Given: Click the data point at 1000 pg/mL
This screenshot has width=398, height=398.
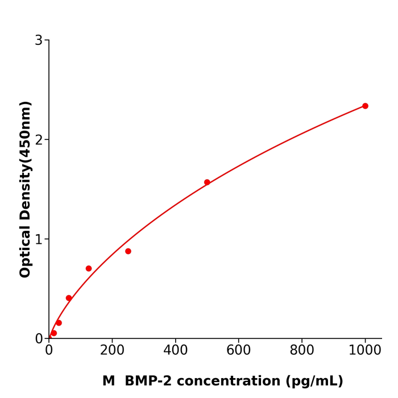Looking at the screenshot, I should tap(365, 106).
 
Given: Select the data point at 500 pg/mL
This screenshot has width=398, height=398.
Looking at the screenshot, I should tap(207, 183).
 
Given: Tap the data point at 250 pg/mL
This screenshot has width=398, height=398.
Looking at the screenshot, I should tap(128, 251).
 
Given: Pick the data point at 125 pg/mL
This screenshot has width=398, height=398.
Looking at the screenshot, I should tap(89, 268).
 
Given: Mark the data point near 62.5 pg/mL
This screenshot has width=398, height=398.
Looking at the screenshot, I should tap(69, 298).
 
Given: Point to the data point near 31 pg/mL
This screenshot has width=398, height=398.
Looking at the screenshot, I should tap(59, 323).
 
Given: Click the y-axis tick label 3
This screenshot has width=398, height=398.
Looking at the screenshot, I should tap(39, 40).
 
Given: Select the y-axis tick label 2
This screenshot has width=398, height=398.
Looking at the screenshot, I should tap(39, 140).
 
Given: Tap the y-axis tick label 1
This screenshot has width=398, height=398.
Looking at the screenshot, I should tap(39, 239).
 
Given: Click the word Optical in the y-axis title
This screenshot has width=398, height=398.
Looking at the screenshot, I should tap(25, 252).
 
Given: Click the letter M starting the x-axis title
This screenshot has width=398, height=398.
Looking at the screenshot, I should tap(109, 381).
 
